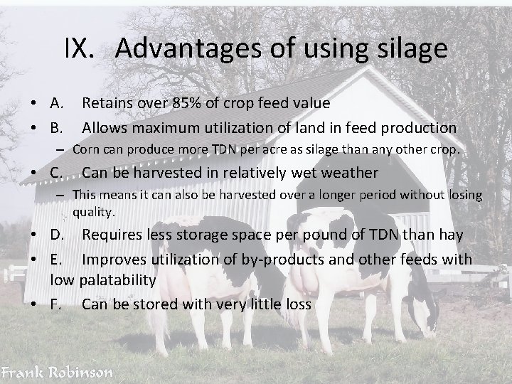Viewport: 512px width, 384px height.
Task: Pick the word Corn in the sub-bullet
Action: pos(85,151)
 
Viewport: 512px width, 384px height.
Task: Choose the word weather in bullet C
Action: pos(348,173)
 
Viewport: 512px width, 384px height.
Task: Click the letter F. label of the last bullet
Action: pos(56,305)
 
